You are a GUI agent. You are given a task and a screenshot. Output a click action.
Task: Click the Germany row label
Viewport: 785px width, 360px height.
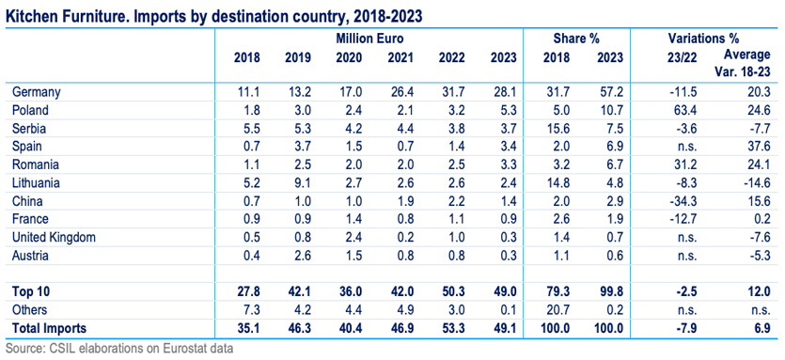tap(36, 92)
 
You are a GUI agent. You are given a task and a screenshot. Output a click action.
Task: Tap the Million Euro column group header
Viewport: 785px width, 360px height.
tap(369, 39)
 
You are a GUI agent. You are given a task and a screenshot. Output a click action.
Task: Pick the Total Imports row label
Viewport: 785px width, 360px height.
tap(49, 328)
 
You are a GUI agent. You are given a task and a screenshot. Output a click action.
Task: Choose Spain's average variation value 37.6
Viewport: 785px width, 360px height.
tap(759, 147)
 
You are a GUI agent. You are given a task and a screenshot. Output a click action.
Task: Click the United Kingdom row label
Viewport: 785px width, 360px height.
tap(54, 238)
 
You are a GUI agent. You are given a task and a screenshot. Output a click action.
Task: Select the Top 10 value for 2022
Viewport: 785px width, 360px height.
tap(451, 292)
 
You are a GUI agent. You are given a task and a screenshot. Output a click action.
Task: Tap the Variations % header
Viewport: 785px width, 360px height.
tap(703, 39)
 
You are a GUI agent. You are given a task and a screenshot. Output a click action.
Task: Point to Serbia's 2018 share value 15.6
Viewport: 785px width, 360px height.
tap(558, 129)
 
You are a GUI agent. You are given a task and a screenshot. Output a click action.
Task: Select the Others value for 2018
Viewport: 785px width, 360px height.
tap(251, 310)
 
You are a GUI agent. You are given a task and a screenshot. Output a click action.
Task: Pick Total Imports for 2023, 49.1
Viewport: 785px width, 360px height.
tap(505, 328)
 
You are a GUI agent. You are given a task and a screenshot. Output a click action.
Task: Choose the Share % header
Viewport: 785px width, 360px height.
tap(576, 39)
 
